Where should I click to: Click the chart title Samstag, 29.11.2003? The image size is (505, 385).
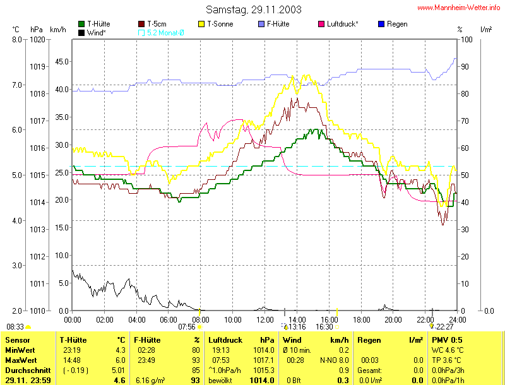(253, 9)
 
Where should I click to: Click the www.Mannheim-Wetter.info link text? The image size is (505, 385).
(459, 8)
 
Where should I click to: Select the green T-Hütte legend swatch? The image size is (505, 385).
(81, 24)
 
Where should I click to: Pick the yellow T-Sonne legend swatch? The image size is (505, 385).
(202, 24)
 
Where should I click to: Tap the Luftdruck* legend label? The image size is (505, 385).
(342, 24)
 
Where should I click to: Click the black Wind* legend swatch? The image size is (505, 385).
(81, 32)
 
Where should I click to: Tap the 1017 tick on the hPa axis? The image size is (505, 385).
(38, 121)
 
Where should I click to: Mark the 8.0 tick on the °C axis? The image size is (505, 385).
(18, 39)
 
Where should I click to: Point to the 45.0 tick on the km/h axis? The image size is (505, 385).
(61, 62)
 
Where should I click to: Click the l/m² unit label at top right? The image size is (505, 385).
(486, 30)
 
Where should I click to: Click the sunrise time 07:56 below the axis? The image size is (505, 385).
(187, 327)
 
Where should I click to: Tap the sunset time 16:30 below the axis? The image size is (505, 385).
(324, 327)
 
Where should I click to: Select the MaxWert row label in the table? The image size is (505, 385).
(20, 360)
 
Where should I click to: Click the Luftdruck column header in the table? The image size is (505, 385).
(225, 340)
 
